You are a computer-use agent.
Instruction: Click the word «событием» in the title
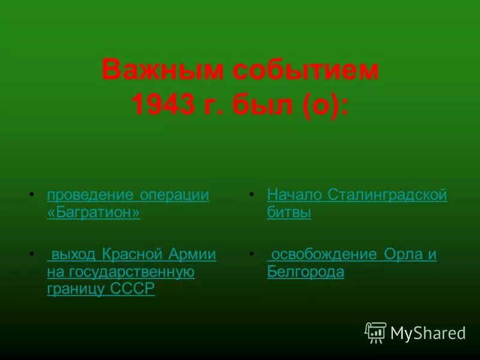pyautogui.click(x=306, y=71)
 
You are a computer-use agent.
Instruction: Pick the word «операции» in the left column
pyautogui.click(x=175, y=196)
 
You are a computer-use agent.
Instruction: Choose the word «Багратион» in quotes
pyautogui.click(x=93, y=213)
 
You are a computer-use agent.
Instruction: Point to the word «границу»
pyautogui.click(x=76, y=289)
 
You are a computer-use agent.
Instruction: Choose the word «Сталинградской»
pyautogui.click(x=388, y=196)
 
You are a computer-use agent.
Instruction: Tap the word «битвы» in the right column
pyautogui.click(x=289, y=213)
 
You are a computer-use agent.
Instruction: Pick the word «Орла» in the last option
pyautogui.click(x=403, y=254)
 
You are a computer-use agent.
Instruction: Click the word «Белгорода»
pyautogui.click(x=305, y=272)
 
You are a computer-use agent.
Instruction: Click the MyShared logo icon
pyautogui.click(x=375, y=332)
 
